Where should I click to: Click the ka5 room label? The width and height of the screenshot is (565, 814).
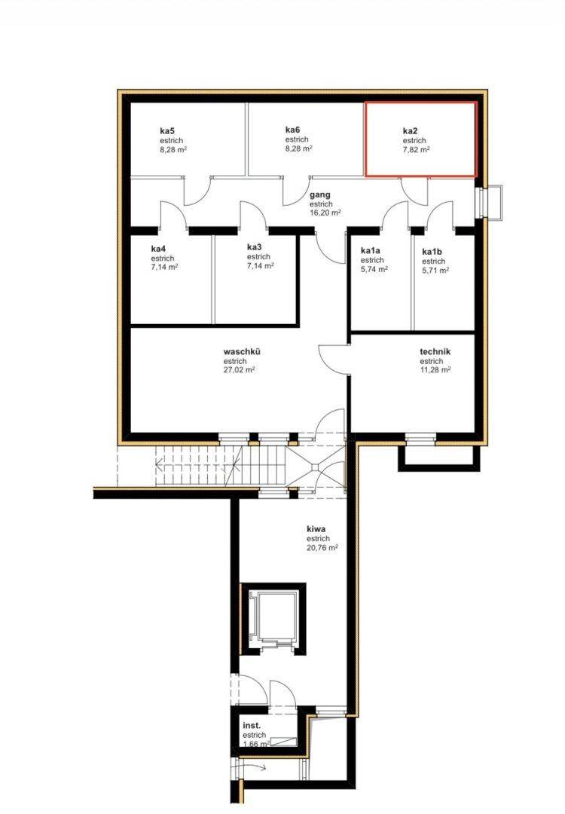(x=167, y=131)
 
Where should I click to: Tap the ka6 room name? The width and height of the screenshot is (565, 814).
(x=293, y=130)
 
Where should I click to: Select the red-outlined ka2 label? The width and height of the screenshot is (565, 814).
(x=411, y=131)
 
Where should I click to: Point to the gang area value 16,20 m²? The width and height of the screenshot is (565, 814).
(x=325, y=213)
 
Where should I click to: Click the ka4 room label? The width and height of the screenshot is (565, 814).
(x=159, y=249)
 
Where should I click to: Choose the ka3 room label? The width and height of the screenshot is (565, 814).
(x=255, y=247)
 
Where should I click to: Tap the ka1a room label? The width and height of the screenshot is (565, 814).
(x=371, y=250)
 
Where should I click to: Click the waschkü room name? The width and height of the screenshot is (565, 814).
(x=243, y=351)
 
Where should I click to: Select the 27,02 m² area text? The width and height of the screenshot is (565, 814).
(x=240, y=370)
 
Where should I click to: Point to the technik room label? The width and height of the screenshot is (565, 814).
(x=435, y=351)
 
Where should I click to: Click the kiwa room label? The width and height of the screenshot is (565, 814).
(x=316, y=529)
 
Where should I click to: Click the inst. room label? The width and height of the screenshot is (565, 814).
(x=252, y=725)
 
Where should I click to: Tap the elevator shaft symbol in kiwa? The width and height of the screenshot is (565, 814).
(x=273, y=618)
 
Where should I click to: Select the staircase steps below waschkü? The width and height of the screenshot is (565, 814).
(x=221, y=466)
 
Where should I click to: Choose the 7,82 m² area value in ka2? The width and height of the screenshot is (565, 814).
(x=416, y=149)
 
